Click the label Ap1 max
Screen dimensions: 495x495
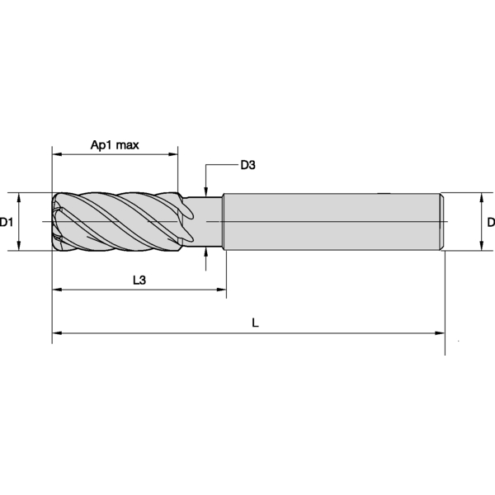(115, 145)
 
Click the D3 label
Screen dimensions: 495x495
(247, 165)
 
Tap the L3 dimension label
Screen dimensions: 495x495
(139, 280)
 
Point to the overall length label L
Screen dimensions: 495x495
(255, 324)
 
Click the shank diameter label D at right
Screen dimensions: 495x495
(490, 223)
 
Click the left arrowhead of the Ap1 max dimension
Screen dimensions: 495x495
(56, 153)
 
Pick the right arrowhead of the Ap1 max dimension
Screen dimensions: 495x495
(173, 153)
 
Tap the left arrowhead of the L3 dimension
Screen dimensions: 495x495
(56, 290)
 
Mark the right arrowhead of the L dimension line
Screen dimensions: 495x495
(441, 333)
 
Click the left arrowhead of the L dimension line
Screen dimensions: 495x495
(56, 333)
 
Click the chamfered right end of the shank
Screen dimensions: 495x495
(443, 222)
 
